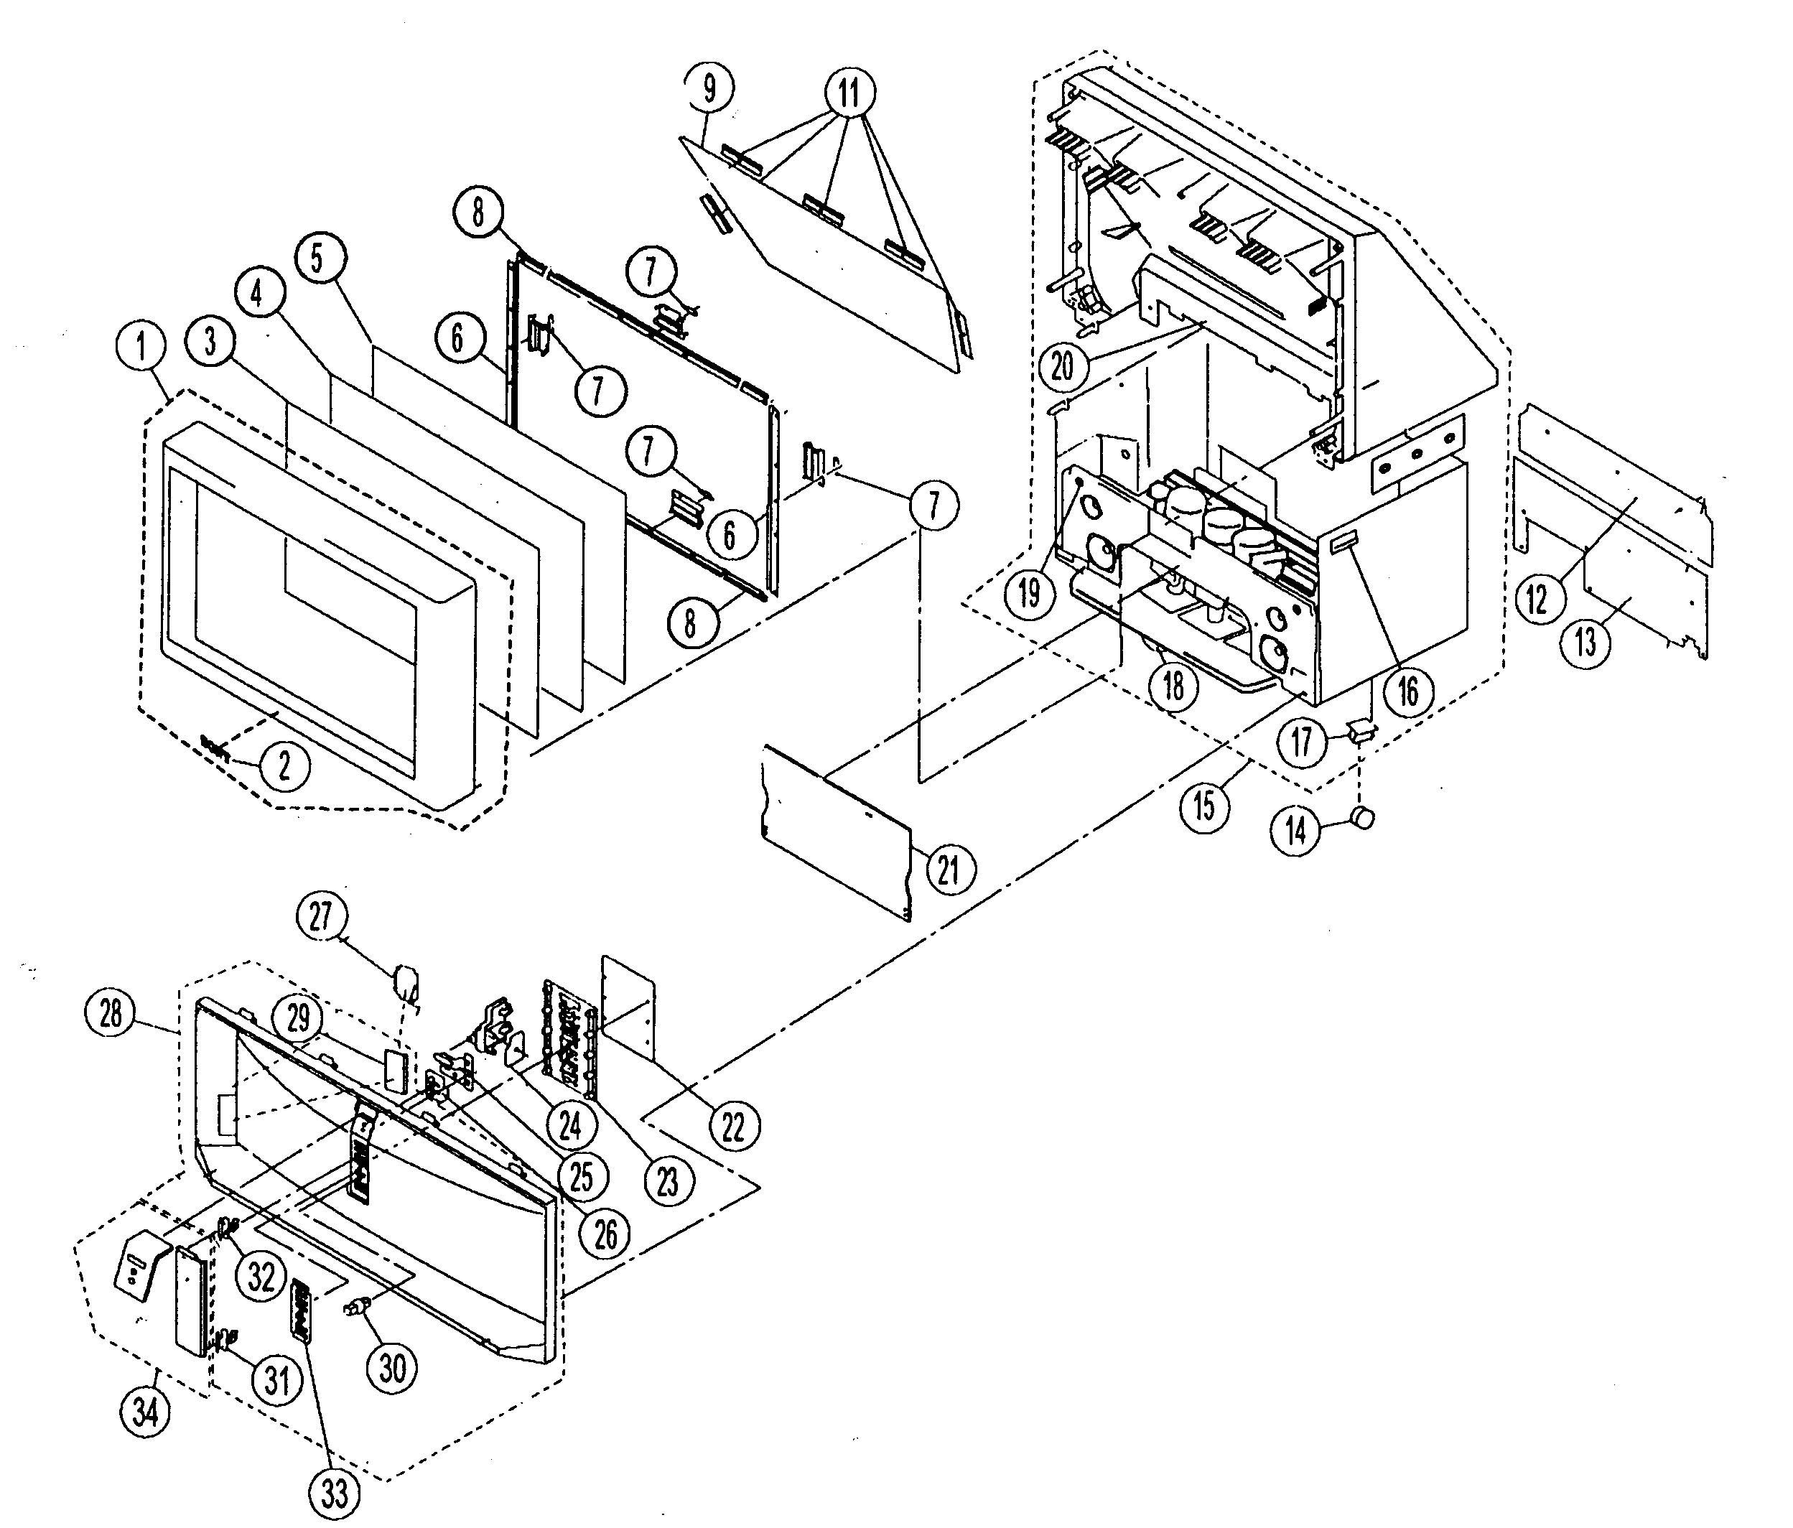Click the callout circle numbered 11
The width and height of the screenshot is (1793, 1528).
(x=849, y=92)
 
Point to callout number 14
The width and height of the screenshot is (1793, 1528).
(x=1295, y=831)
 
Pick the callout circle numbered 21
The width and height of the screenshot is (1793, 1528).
(x=949, y=869)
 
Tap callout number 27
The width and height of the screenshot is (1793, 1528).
(x=321, y=916)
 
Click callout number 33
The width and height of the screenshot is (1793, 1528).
(x=335, y=1491)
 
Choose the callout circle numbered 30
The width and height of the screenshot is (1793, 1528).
(x=392, y=1368)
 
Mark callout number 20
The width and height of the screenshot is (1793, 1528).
(x=1062, y=365)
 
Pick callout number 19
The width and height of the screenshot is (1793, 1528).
(x=1029, y=594)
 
